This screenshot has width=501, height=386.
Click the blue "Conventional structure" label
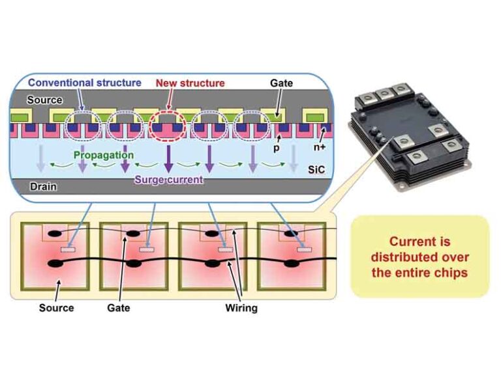[84, 83]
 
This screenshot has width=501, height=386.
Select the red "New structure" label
[190, 83]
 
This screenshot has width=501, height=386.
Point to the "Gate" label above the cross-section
[282, 83]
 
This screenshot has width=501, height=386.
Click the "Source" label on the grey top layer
[44, 100]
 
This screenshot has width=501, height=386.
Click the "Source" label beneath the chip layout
[55, 308]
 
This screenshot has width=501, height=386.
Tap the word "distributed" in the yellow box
[419, 257]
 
